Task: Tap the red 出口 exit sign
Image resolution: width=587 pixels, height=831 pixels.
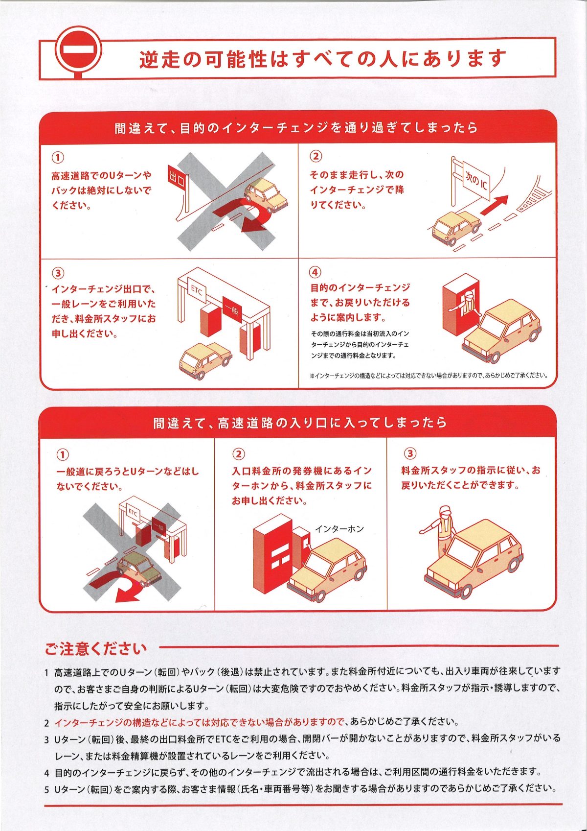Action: [x=177, y=179]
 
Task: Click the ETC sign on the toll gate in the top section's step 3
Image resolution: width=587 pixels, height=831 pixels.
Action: [x=196, y=288]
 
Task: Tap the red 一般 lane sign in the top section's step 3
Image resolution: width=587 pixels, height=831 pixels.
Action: [x=231, y=308]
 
